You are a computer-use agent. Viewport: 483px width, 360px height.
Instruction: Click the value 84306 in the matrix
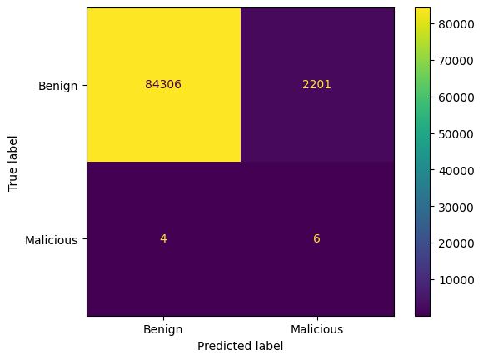coord(163,84)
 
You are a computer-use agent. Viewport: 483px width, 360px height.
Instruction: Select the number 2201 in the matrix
coord(316,84)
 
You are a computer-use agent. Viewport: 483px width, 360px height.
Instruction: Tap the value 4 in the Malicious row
coord(163,238)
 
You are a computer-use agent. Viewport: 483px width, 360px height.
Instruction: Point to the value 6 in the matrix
coord(316,238)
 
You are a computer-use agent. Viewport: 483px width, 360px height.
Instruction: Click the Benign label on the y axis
coord(58,86)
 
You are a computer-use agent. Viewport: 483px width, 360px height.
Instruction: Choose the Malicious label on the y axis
coord(51,240)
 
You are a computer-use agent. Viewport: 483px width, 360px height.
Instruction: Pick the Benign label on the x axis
coord(163,329)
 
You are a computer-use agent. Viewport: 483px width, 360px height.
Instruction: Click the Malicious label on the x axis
coord(317,329)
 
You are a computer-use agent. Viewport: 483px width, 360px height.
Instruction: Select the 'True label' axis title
coord(12,163)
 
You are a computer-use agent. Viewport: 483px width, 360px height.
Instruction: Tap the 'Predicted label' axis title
coord(241,346)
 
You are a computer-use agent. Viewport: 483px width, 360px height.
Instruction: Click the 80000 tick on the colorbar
coord(456,24)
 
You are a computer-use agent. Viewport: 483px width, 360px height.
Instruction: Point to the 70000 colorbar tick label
coord(456,61)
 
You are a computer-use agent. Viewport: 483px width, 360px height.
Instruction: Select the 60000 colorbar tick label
coord(456,97)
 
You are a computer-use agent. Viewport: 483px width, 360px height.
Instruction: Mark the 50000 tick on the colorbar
coord(456,134)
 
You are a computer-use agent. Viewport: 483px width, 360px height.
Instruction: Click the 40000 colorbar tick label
coord(456,171)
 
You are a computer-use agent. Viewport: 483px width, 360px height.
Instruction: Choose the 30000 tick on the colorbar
coord(456,207)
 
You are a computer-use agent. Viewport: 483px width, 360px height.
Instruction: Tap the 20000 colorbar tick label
coord(456,243)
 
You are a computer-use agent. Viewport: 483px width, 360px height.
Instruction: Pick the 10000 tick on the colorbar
coord(456,280)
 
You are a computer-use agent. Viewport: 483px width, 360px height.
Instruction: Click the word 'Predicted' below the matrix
coord(222,346)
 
